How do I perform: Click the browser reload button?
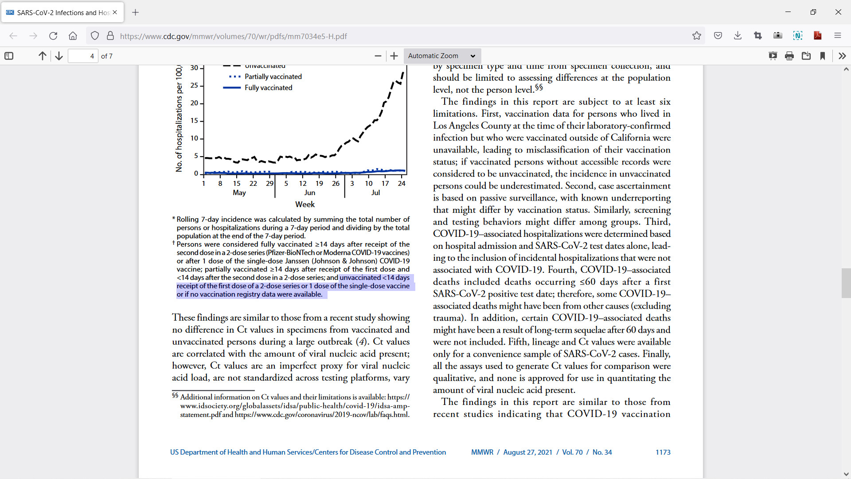point(53,36)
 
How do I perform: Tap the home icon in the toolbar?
point(73,36)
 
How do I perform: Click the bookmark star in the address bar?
point(697,36)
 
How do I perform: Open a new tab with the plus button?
point(136,12)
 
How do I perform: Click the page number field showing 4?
point(83,56)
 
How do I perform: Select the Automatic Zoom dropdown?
point(442,56)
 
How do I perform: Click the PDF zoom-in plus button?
point(394,56)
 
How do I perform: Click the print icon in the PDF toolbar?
point(789,56)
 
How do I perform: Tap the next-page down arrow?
point(59,56)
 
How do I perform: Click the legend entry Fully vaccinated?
point(268,88)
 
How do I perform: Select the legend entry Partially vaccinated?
point(273,77)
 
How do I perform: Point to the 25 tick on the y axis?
point(194,85)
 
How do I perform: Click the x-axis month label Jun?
point(309,192)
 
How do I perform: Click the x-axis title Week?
point(305,204)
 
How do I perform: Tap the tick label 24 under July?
point(402,183)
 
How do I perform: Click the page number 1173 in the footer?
point(663,452)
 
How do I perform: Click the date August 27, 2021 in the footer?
point(527,452)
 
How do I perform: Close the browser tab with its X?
point(115,12)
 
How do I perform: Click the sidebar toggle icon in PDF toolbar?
point(9,56)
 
